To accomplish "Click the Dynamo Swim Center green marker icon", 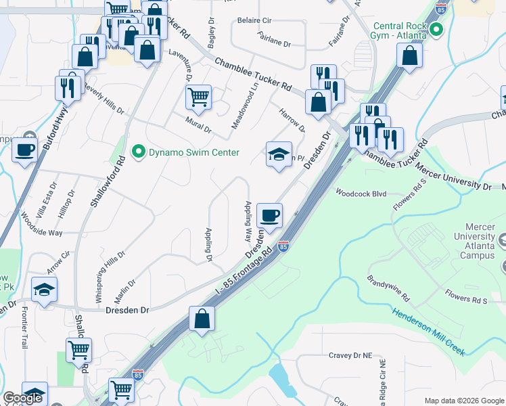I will point(139,152).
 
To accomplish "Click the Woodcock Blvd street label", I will point(361,194).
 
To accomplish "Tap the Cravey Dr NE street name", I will point(350,355).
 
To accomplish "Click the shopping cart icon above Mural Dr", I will point(198,97).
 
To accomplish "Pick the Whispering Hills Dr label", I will point(111,275).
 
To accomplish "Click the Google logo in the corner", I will point(22,398).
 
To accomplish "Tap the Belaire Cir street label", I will point(254,21).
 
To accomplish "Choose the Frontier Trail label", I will point(25,328).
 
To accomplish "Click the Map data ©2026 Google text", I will point(463,401).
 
